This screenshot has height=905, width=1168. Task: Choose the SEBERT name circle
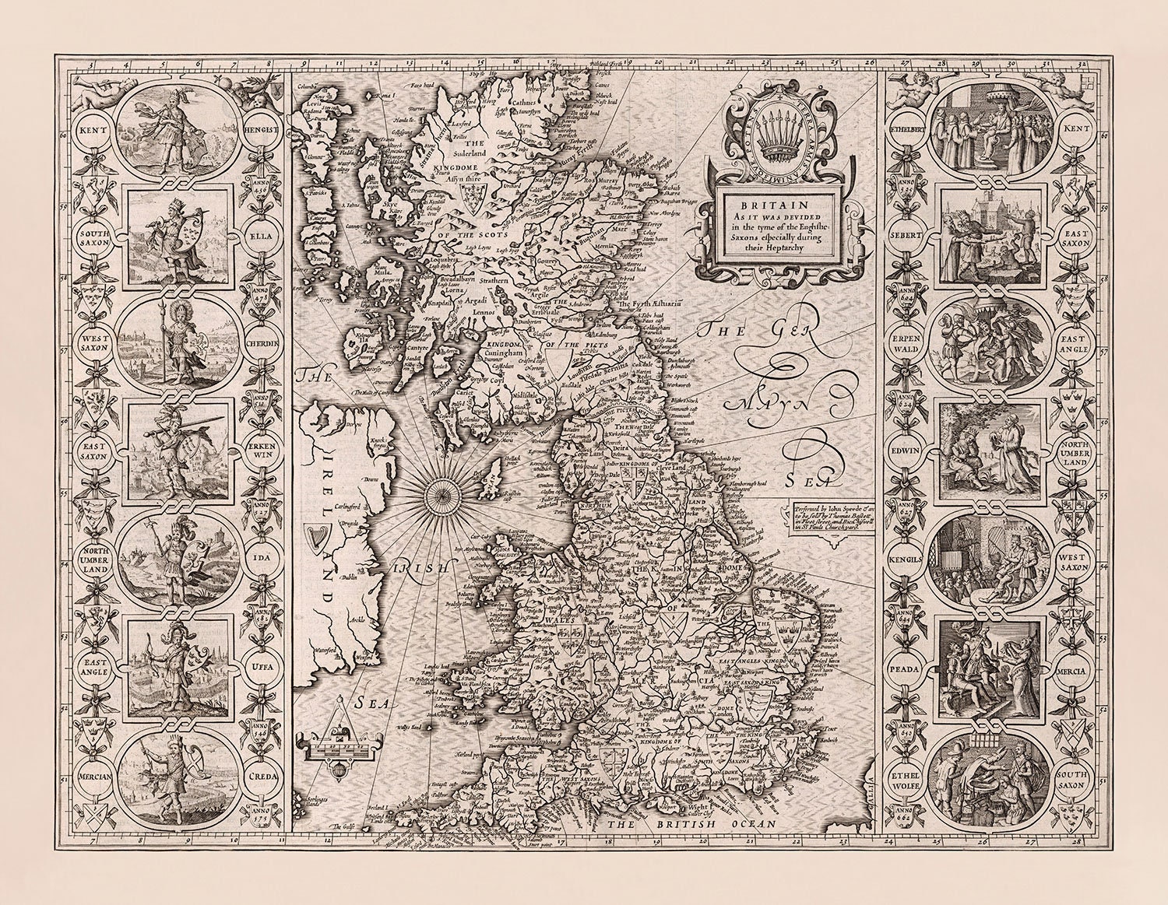tap(907, 234)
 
